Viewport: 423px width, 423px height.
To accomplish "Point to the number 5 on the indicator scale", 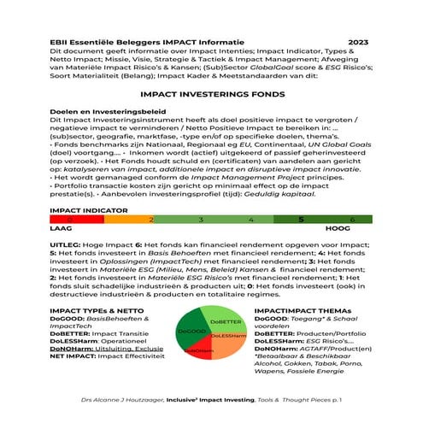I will pyautogui.click(x=300, y=220).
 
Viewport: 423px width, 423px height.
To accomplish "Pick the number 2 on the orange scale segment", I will pyautogui.click(x=152, y=220).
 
